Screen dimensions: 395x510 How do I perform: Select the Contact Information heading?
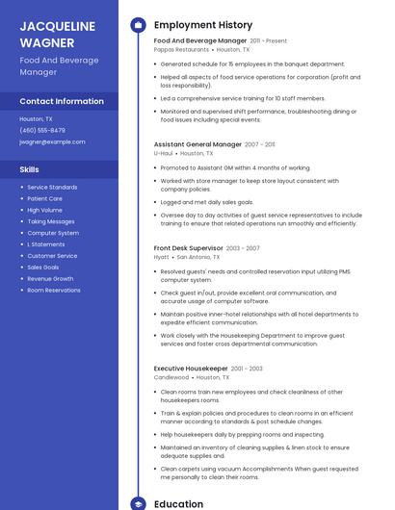(x=62, y=101)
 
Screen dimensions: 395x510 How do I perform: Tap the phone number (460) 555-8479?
(x=42, y=130)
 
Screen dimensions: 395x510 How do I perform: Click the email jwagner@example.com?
(x=52, y=141)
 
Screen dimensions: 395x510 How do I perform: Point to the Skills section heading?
(x=29, y=169)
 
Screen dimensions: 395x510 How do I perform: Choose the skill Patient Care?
(x=44, y=198)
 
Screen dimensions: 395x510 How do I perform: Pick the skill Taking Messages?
(x=51, y=221)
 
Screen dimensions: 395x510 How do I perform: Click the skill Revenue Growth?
(x=50, y=278)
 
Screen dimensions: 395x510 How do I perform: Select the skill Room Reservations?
(x=54, y=290)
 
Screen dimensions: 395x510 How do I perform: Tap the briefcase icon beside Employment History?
(x=138, y=25)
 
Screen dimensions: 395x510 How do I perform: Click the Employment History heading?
(x=203, y=25)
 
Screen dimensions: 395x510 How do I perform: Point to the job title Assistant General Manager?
(x=197, y=144)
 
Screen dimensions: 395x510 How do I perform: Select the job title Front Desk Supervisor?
(x=188, y=248)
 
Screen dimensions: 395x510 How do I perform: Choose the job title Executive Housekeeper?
(x=191, y=369)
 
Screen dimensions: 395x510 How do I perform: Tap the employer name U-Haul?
(x=163, y=153)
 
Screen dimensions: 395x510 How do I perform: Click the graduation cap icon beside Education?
(x=138, y=503)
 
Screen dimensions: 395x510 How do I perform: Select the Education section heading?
(x=178, y=503)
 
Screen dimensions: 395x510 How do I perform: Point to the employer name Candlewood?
(x=171, y=377)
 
